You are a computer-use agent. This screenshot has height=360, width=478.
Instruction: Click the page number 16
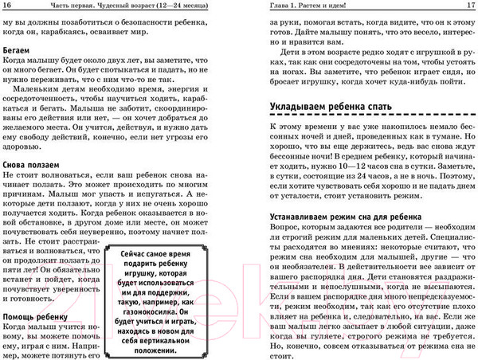point(8,6)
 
